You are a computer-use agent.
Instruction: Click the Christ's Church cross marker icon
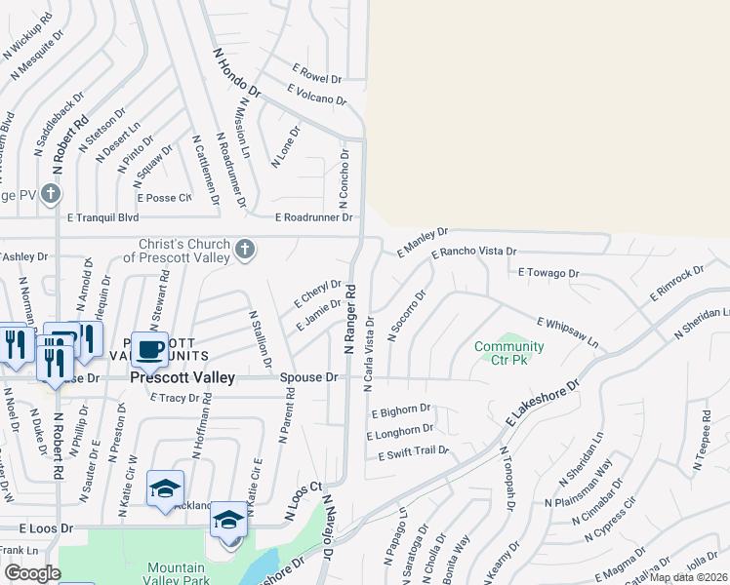click(244, 252)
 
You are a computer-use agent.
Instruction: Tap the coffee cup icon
click(149, 349)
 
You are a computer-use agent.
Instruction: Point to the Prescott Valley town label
click(183, 377)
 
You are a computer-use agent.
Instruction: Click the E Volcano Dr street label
click(317, 95)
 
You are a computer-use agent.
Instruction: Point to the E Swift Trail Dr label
click(408, 450)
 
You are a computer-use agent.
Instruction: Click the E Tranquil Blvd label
click(102, 218)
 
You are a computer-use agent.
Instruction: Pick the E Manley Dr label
click(422, 243)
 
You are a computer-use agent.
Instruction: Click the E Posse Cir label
click(164, 198)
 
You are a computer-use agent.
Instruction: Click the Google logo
click(32, 573)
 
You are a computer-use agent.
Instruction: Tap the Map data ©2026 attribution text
click(689, 577)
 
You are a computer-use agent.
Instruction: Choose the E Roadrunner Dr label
click(313, 217)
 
